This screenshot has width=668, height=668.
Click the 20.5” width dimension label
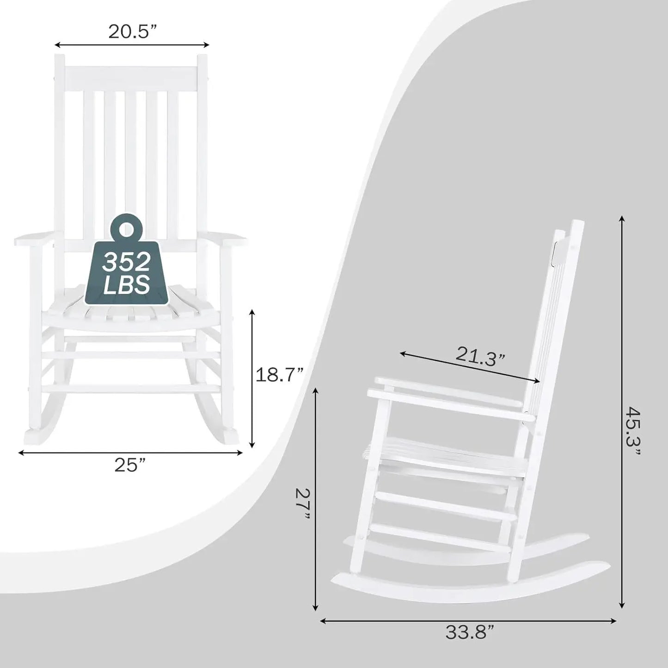coord(132,31)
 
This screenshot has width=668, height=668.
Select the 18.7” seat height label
coord(279,375)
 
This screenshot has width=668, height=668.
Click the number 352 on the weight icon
coord(126,263)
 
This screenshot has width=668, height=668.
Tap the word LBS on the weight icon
coord(126,284)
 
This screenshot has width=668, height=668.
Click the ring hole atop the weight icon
coord(126,228)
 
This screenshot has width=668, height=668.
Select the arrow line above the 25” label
coord(130,453)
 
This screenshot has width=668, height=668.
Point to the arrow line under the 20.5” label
coord(132,45)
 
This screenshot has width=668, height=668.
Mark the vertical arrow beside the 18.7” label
coord(252,379)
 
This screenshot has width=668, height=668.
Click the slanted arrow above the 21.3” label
coord(470,368)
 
